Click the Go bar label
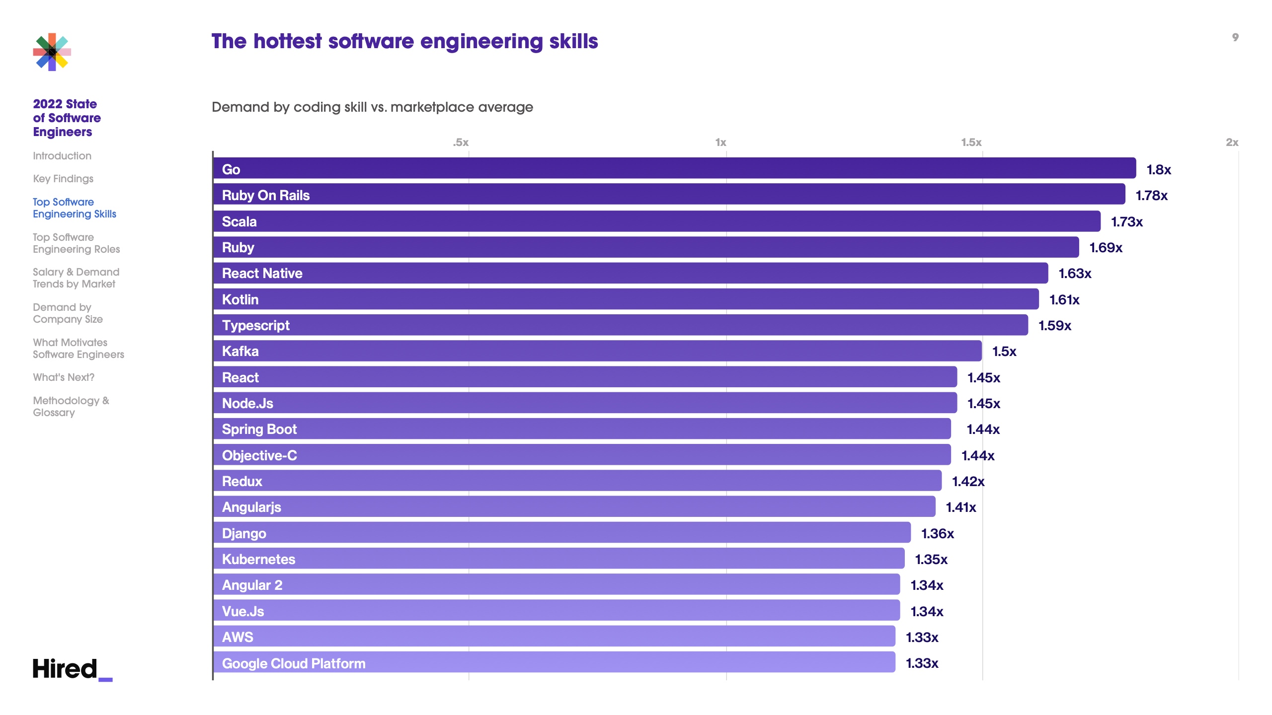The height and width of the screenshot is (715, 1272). click(x=231, y=170)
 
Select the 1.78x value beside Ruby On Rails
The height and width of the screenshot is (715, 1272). click(x=1151, y=196)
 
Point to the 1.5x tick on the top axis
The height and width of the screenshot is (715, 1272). click(x=971, y=143)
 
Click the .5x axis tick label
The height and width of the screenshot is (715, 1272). click(x=461, y=143)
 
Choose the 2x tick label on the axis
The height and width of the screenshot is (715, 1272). click(x=1232, y=143)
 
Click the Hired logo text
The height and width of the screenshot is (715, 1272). click(x=65, y=669)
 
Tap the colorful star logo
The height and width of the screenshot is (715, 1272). click(x=52, y=52)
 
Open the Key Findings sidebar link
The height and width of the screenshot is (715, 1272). click(x=63, y=179)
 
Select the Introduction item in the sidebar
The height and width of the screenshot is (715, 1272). click(x=62, y=156)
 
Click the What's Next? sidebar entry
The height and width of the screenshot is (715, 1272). click(x=64, y=377)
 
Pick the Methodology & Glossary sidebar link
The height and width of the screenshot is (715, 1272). click(x=71, y=407)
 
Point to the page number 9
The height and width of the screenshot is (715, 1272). click(x=1235, y=37)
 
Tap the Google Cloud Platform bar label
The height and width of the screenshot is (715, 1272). click(x=294, y=663)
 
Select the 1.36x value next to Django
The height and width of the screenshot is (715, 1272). click(x=937, y=534)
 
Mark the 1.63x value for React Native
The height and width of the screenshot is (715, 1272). click(x=1074, y=274)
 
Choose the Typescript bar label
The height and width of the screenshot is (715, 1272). click(x=255, y=326)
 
